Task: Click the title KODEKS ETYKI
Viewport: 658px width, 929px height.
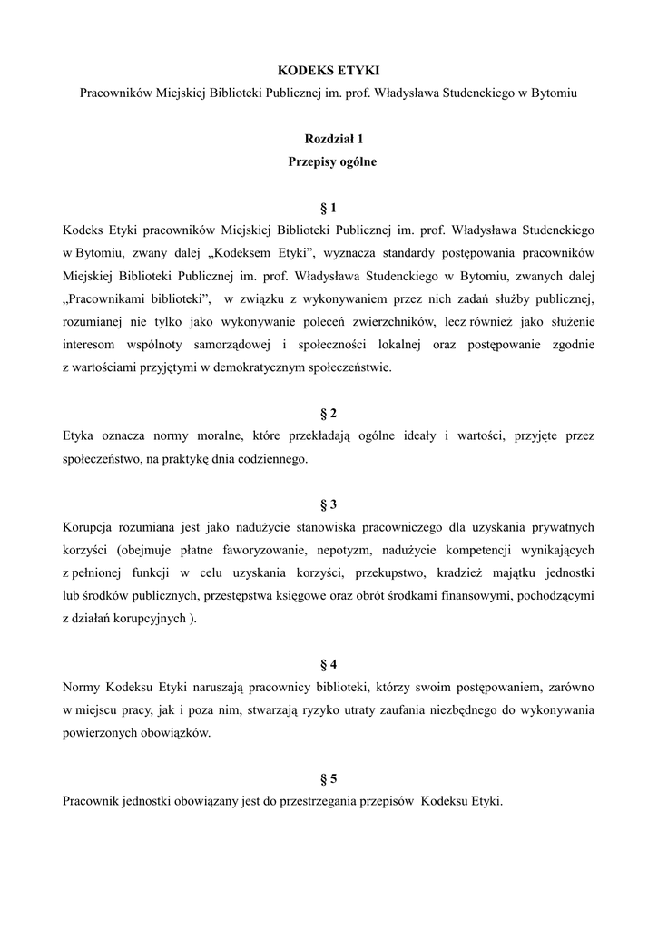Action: pos(329,70)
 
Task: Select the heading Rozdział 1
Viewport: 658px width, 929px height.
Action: pos(329,140)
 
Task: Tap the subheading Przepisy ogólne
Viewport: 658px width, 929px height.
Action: pos(329,162)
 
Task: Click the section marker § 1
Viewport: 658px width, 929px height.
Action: pos(329,208)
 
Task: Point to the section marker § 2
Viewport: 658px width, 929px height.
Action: pos(329,413)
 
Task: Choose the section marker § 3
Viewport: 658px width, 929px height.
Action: pos(329,504)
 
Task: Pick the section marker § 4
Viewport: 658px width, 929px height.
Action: pos(329,664)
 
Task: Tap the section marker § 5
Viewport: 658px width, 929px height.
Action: pos(329,778)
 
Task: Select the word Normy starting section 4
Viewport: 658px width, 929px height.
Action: pos(83,687)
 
